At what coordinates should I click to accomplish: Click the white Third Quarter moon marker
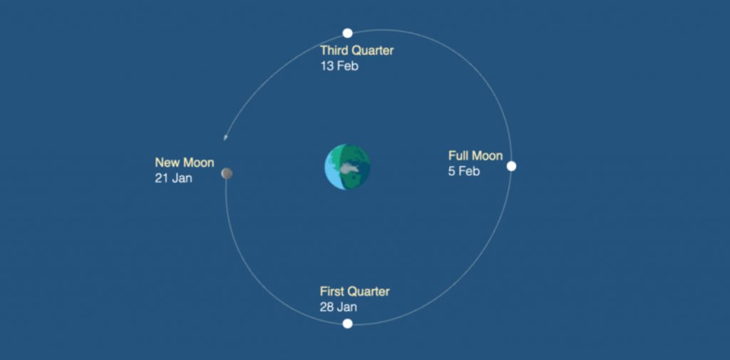coord(347,33)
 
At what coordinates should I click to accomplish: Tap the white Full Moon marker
coord(511,166)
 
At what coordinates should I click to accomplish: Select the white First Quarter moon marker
coord(347,324)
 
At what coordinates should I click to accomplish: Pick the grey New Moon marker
coord(227,173)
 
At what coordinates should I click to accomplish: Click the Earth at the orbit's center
coord(347,167)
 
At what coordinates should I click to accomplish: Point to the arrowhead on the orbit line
coord(225,137)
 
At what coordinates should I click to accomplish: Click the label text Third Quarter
coord(356,51)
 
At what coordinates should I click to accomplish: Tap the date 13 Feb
coord(339,66)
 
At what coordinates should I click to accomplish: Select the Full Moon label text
coord(475,155)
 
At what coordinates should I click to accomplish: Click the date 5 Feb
coord(463,171)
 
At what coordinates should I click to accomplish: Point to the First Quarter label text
coord(355,292)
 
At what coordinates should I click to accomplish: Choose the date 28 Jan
coord(339,307)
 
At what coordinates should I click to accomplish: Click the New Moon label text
coord(185,163)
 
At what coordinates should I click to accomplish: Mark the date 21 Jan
coord(174,178)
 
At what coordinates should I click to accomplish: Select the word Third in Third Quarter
coord(334,51)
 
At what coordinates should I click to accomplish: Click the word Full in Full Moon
coord(458,155)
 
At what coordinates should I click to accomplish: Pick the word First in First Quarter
coord(332,292)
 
